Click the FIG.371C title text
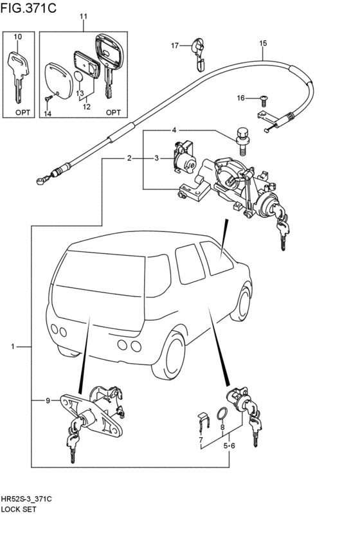(x=28, y=8)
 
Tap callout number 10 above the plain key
(x=18, y=36)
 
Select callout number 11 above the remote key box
(x=84, y=17)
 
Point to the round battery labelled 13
(x=79, y=76)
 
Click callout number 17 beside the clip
(x=175, y=46)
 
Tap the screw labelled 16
(x=264, y=101)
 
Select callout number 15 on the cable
(x=263, y=43)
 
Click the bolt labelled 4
(x=242, y=141)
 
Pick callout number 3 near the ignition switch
(x=156, y=158)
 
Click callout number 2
(x=129, y=158)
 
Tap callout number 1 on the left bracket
(x=13, y=346)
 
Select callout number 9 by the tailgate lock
(x=48, y=400)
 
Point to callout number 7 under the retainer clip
(x=201, y=440)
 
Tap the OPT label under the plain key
(x=22, y=112)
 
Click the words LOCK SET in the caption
(x=19, y=509)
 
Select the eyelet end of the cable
(x=39, y=181)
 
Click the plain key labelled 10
(x=18, y=76)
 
